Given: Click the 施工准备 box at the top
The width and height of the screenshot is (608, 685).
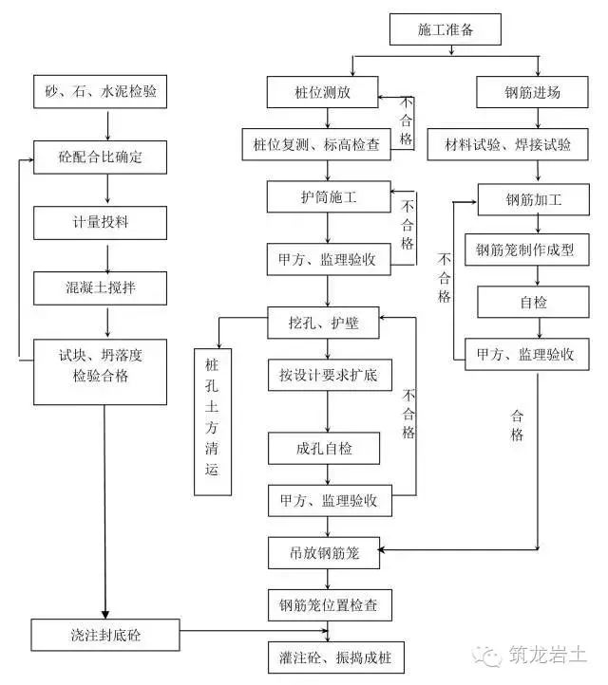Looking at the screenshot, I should (445, 29).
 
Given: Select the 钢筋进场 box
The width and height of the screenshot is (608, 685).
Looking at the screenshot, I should (533, 93).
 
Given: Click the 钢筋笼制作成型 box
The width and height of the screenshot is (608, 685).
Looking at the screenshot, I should (533, 250).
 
